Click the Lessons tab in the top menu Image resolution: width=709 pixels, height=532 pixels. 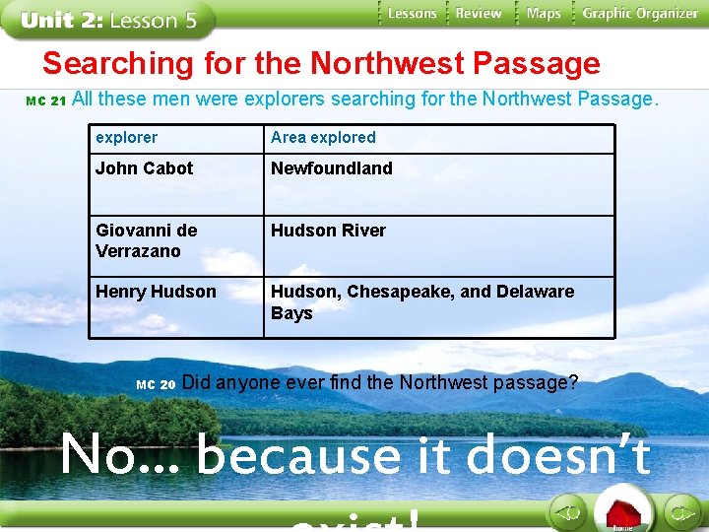[x=412, y=14]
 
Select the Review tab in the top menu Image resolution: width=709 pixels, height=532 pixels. [x=479, y=14]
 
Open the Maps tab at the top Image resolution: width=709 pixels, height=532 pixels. [x=544, y=14]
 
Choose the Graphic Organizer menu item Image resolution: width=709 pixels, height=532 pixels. [x=640, y=14]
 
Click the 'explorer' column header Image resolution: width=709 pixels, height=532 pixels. [x=126, y=138]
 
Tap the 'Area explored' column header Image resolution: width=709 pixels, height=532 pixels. [x=323, y=138]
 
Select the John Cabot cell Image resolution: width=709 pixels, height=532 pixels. [x=145, y=168]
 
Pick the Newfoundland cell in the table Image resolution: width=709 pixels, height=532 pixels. [x=332, y=168]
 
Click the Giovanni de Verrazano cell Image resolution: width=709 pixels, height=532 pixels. [x=146, y=240]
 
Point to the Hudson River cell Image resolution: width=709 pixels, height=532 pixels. [x=328, y=231]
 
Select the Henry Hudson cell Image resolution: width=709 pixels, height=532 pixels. [x=156, y=292]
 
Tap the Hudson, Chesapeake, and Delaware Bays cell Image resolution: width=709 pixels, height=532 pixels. [x=422, y=301]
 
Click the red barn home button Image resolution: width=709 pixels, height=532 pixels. [x=622, y=513]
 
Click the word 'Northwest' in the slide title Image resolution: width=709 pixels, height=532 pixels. [x=387, y=64]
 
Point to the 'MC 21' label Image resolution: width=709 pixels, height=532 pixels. [x=45, y=101]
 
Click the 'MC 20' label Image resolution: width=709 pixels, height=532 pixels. [x=156, y=384]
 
